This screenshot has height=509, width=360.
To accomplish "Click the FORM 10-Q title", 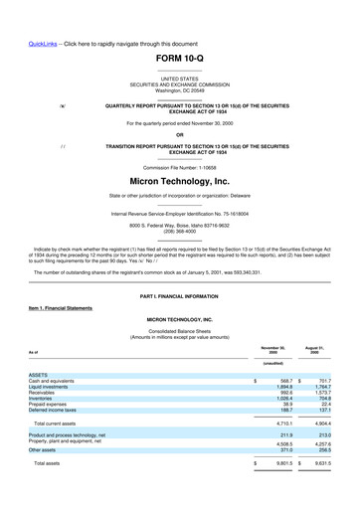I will tap(179, 60).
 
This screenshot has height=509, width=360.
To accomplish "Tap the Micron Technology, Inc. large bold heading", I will tap(179, 183).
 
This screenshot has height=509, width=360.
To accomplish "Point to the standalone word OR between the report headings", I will tap(179, 134).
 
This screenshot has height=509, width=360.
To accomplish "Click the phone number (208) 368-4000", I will tap(179, 229).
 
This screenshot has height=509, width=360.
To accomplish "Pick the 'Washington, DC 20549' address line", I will tap(179, 89).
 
